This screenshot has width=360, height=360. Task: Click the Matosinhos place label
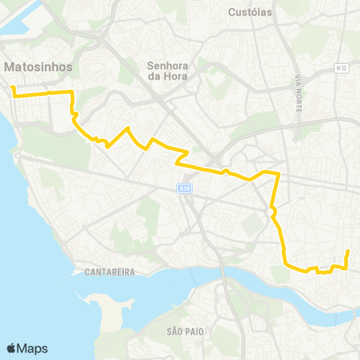click(x=38, y=67)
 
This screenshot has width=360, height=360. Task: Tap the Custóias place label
click(x=251, y=12)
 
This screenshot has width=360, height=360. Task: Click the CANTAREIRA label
click(x=109, y=272)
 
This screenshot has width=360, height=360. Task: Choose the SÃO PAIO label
click(x=185, y=331)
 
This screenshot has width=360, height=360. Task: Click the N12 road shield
click(x=342, y=68)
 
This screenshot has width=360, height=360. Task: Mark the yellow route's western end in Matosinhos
click(x=13, y=88)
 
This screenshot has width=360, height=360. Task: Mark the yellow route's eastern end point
click(x=348, y=251)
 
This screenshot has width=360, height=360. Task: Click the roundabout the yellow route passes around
click(x=269, y=213)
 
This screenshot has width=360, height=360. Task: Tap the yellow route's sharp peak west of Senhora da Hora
click(x=128, y=128)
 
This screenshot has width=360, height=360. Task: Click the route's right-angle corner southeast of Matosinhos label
click(x=72, y=92)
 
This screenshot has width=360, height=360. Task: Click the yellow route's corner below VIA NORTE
click(x=278, y=174)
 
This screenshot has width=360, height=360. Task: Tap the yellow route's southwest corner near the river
click(x=285, y=263)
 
